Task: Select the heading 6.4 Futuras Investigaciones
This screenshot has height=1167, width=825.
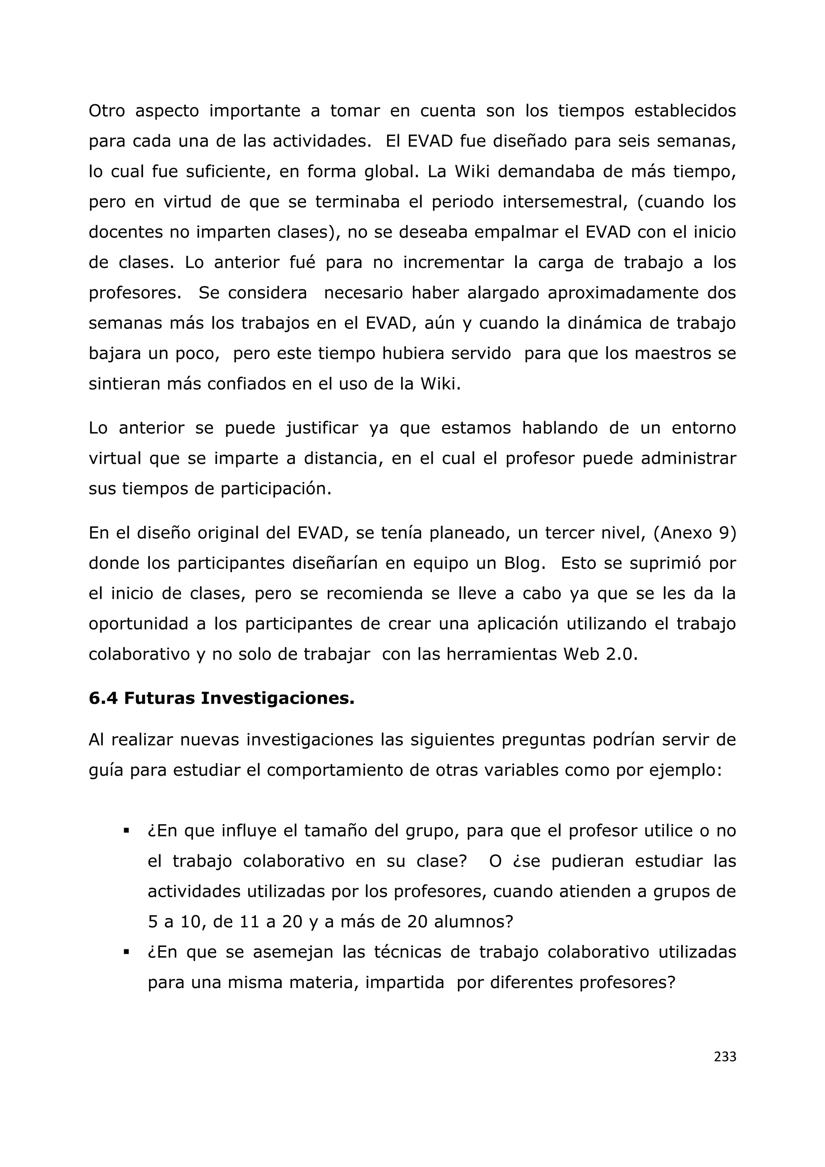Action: pyautogui.click(x=222, y=698)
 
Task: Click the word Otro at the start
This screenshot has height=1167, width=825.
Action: pyautogui.click(x=107, y=111)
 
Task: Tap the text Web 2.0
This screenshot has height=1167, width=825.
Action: pyautogui.click(x=600, y=654)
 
